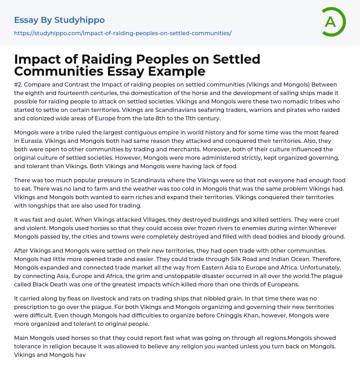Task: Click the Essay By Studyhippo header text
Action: pos(59,20)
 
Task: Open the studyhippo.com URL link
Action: pos(123,33)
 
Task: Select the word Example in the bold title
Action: pos(176,71)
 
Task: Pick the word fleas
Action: pos(73,298)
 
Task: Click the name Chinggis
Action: pos(238,315)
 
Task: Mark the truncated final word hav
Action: pos(81,355)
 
